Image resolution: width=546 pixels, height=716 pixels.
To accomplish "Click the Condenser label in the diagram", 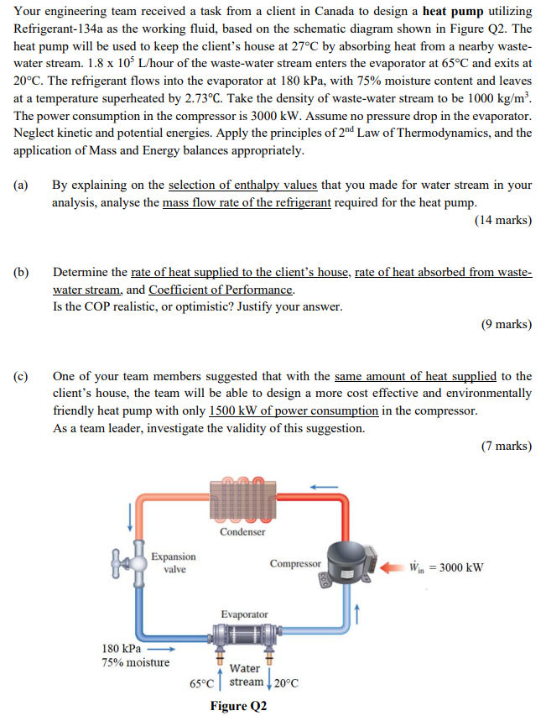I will point(242,531).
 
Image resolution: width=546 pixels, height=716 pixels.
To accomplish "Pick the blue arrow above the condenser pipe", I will point(326,485).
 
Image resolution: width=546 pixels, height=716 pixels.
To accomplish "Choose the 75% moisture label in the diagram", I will point(135,663).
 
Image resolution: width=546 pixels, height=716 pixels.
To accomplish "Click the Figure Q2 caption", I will point(240,706).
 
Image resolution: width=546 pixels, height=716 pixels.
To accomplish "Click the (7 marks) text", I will point(507,446).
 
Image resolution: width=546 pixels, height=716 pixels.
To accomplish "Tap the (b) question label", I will point(21,273).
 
